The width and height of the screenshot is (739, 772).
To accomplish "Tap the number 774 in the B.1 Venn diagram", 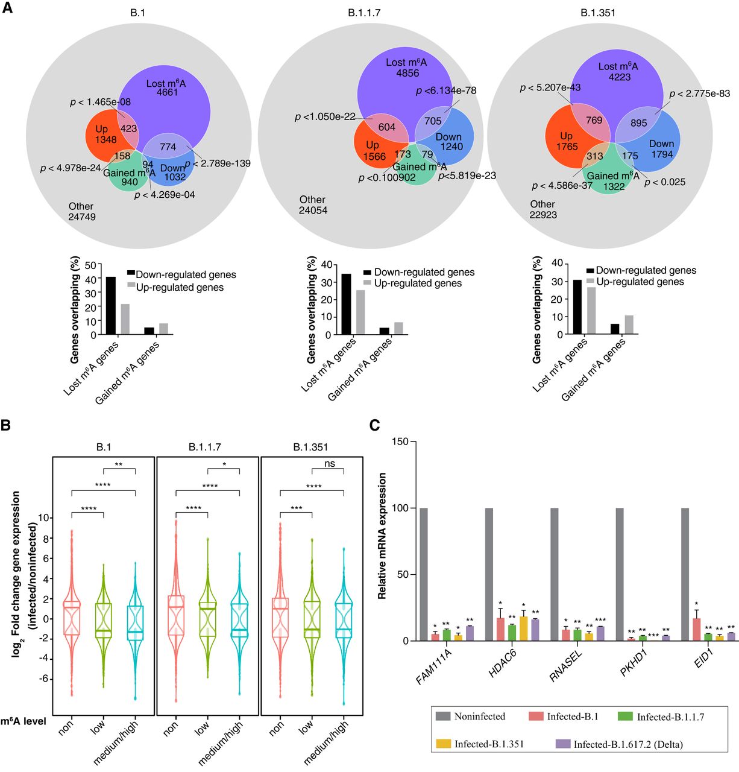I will (x=168, y=147).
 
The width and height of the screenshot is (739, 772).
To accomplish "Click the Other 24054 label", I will (x=312, y=205).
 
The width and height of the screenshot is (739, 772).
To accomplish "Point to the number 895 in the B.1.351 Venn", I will (x=638, y=123).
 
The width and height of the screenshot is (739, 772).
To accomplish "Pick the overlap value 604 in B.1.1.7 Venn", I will (x=386, y=127).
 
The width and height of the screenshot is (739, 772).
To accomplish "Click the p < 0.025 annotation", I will (x=665, y=182).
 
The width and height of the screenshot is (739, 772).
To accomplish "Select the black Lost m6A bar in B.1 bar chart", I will (x=111, y=305).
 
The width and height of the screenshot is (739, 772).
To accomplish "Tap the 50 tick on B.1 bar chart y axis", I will (x=90, y=265).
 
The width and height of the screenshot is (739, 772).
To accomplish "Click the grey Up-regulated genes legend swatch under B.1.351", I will (x=590, y=282).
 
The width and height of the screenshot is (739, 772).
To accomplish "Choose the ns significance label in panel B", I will (x=329, y=464).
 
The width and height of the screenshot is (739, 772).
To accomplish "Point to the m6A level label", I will (x=24, y=721).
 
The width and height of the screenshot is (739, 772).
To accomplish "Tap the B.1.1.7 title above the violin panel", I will (x=205, y=447).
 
